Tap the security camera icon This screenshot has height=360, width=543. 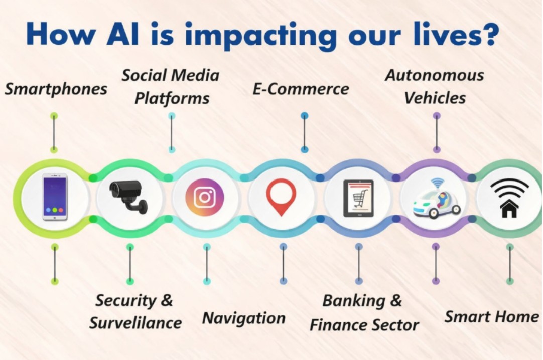point(128,196)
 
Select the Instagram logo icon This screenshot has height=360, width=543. point(205,197)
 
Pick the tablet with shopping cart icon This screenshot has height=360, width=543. point(358,198)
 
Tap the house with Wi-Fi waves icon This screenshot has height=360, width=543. point(509,198)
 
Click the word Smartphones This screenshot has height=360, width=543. point(56,89)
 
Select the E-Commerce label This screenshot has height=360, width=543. point(301,89)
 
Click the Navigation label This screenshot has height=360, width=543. point(244,318)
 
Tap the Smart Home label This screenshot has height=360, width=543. point(491,317)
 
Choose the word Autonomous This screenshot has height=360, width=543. point(435,75)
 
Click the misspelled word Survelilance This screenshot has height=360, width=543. point(135,323)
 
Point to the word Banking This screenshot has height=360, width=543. point(354,301)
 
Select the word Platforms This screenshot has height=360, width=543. point(172,98)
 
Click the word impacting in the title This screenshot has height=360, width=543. point(260,35)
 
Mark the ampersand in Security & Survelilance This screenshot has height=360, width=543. point(167,300)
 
